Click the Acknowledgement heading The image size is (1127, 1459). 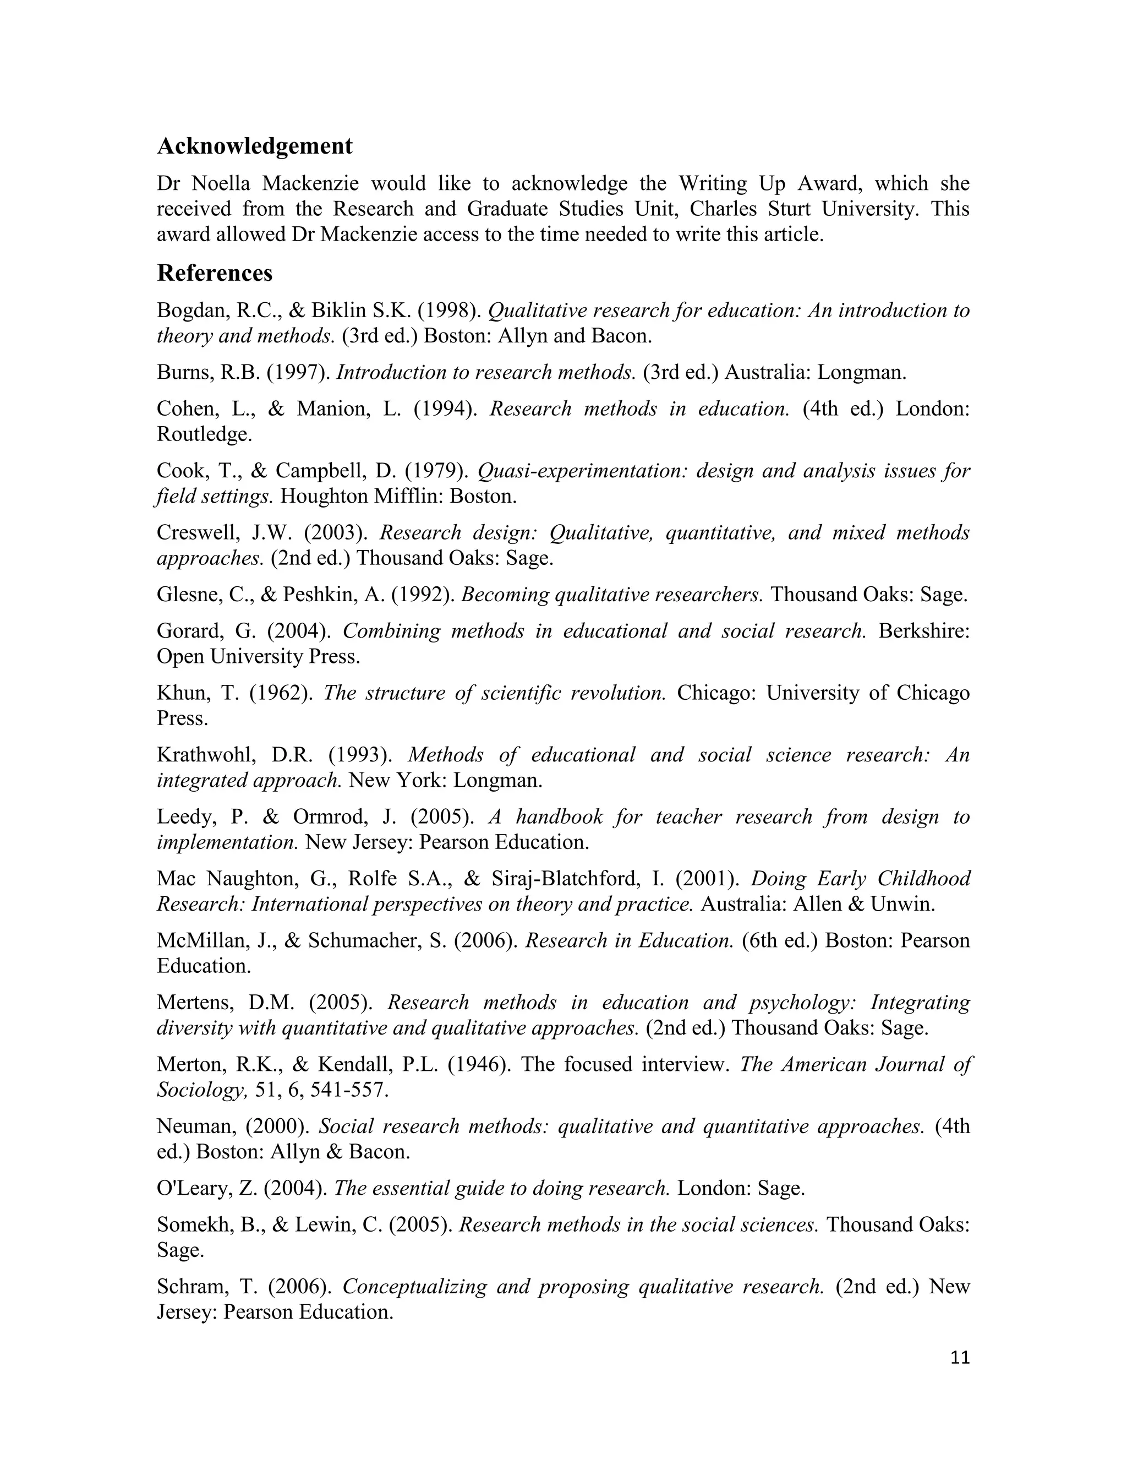click(x=254, y=146)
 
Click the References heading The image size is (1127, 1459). click(x=214, y=273)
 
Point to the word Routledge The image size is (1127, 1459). click(x=204, y=435)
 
